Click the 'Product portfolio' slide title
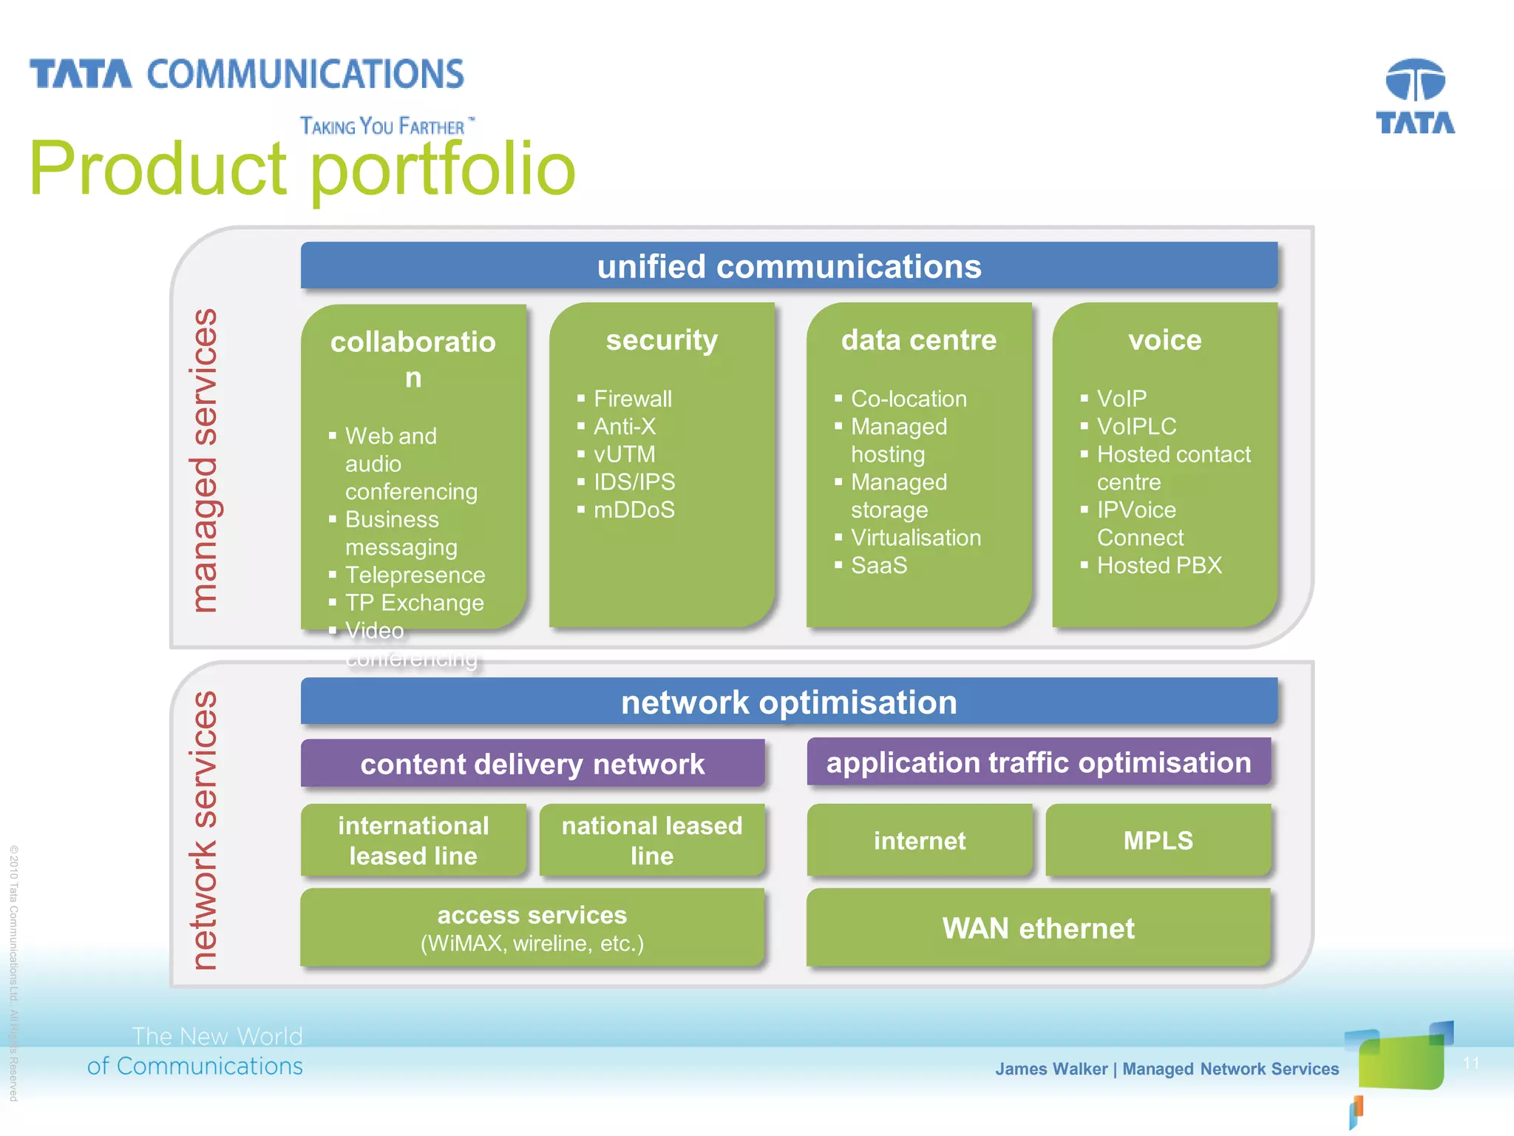(302, 169)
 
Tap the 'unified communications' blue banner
(789, 266)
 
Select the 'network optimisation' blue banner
(789, 702)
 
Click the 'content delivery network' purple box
(532, 764)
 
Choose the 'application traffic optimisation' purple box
(1039, 763)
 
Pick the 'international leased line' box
(413, 840)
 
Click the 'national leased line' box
(652, 840)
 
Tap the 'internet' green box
(920, 840)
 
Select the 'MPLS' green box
(1158, 840)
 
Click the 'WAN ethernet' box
(1038, 928)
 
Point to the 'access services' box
(532, 927)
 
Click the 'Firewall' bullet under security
(633, 399)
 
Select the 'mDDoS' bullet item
(634, 510)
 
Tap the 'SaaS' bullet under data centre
(878, 565)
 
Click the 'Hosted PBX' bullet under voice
(1159, 565)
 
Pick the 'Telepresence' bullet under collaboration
(415, 575)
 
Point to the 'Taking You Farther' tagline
(383, 126)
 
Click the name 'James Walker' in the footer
(1050, 1069)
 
